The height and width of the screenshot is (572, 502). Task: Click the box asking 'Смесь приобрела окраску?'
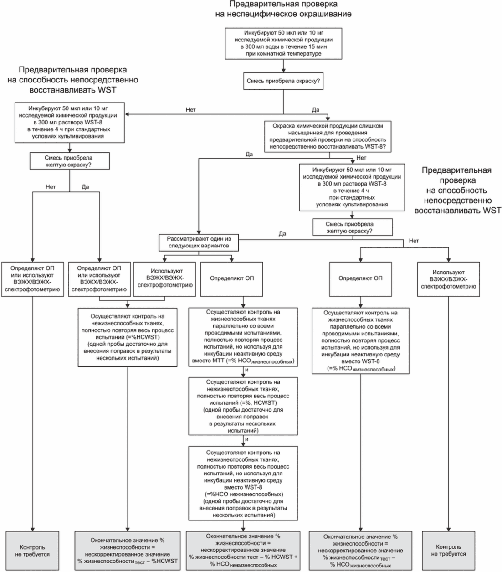(x=283, y=81)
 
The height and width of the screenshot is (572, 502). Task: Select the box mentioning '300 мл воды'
(x=283, y=43)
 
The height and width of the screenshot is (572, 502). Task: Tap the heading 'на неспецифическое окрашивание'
(x=283, y=14)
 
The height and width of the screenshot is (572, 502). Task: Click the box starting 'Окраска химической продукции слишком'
(x=328, y=136)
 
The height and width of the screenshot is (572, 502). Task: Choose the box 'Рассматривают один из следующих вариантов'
(x=198, y=242)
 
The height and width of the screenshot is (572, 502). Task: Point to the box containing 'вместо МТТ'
(x=243, y=337)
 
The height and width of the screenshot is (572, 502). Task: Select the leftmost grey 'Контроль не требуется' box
(x=32, y=551)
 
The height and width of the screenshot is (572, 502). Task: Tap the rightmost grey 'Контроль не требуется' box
(x=448, y=551)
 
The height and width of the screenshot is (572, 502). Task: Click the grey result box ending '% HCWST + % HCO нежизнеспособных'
(x=243, y=551)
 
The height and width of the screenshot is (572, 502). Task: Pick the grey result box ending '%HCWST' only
(x=127, y=551)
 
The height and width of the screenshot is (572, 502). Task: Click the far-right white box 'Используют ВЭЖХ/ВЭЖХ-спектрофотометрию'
(x=448, y=279)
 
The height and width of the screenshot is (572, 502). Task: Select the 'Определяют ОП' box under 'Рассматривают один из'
(x=231, y=279)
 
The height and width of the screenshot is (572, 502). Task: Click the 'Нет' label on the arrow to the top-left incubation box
(x=190, y=110)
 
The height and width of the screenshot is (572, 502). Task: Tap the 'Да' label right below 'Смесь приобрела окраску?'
(x=316, y=110)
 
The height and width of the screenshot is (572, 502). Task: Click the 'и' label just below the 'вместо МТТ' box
(x=246, y=370)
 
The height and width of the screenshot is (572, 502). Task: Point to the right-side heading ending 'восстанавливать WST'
(x=457, y=190)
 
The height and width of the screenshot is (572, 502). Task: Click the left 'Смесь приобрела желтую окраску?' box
(x=69, y=161)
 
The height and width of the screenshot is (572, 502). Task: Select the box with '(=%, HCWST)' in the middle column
(x=243, y=406)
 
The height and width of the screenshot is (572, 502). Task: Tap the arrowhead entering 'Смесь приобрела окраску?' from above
(x=283, y=70)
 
